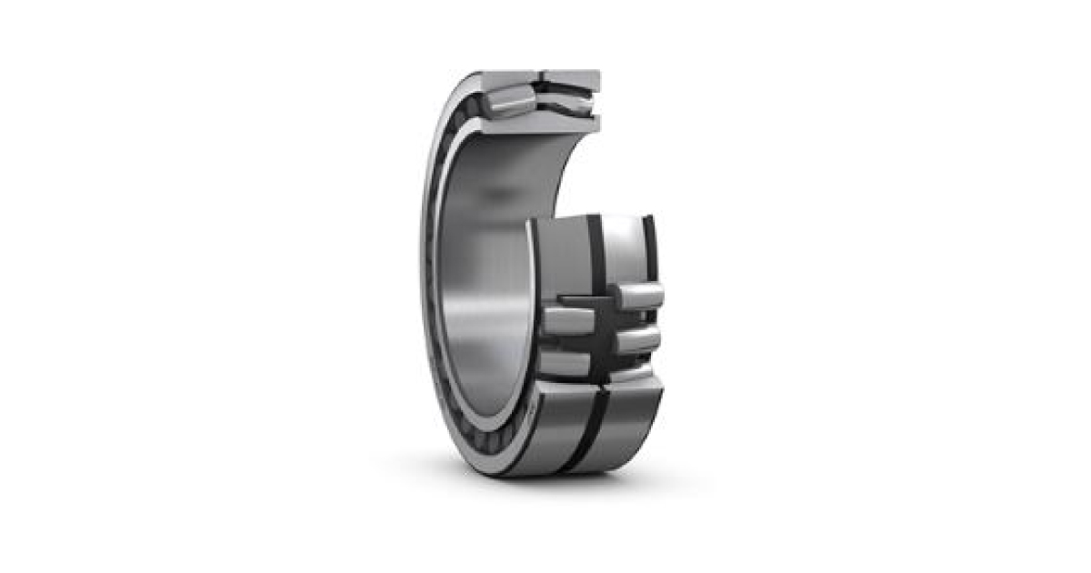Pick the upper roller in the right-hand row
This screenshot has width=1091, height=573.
click(x=638, y=296)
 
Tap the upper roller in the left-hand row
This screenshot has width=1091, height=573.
click(x=568, y=319)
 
